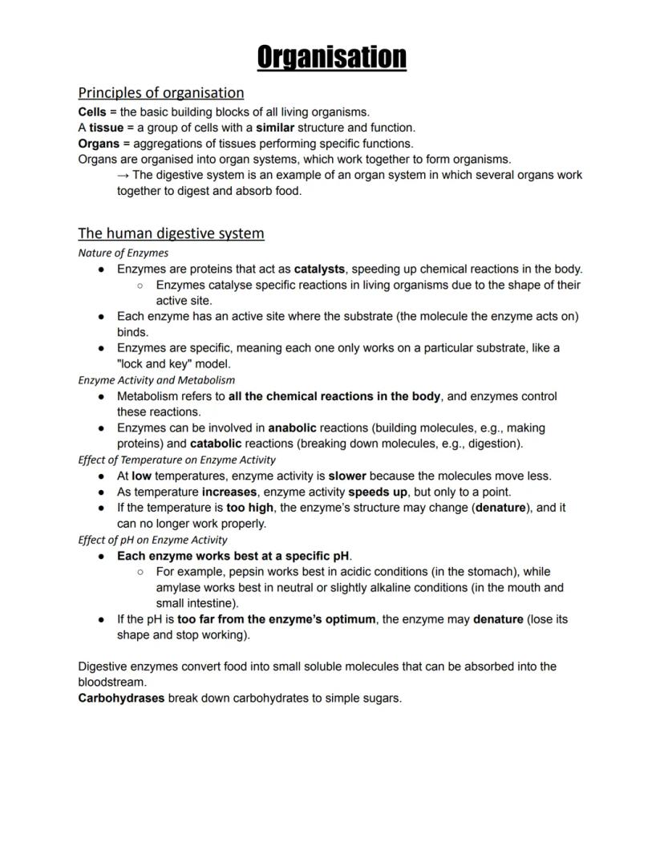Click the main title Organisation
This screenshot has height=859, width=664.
(x=331, y=57)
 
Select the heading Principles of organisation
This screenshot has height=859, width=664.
(x=160, y=92)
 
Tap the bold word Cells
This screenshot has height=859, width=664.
(x=92, y=111)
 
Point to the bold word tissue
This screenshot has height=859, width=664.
(x=106, y=128)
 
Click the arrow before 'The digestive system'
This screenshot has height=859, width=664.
(x=123, y=175)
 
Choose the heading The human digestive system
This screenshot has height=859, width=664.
(x=171, y=233)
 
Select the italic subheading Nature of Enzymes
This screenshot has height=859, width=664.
(x=123, y=253)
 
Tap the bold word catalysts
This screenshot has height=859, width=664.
(x=319, y=269)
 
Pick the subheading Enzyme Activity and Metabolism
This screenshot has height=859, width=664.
(x=156, y=380)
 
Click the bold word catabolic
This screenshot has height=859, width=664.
(x=216, y=444)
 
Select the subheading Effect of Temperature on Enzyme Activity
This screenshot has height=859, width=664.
(x=176, y=460)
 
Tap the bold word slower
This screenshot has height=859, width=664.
(x=346, y=476)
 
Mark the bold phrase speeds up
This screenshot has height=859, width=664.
(x=377, y=492)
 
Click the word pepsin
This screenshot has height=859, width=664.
(x=245, y=572)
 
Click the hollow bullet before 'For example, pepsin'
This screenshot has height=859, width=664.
(x=140, y=572)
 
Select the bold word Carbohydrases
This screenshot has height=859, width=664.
(x=121, y=698)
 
